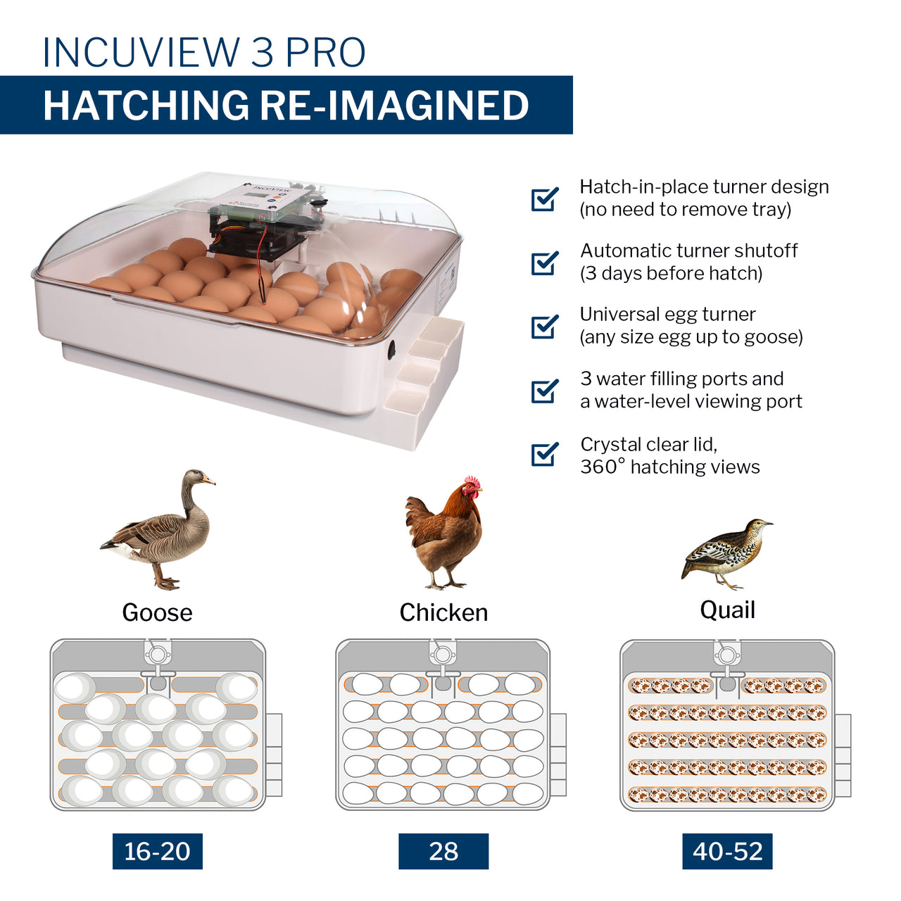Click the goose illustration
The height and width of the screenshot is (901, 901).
click(x=160, y=531)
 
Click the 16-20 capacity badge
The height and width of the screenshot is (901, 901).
click(x=157, y=851)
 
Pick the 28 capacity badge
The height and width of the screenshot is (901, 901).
click(x=443, y=851)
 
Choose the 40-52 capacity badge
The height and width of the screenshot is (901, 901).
click(x=727, y=851)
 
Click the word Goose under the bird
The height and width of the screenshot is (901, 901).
click(x=157, y=612)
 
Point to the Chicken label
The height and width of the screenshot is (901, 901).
click(x=443, y=612)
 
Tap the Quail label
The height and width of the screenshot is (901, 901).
click(x=727, y=610)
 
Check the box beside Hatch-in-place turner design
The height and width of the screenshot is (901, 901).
click(x=544, y=199)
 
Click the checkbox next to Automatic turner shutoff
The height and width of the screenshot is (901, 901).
click(x=544, y=263)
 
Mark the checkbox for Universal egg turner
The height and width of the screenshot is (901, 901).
click(x=544, y=327)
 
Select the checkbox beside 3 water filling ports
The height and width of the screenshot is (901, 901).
click(x=544, y=391)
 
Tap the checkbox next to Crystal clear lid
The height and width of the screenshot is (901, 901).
click(x=544, y=454)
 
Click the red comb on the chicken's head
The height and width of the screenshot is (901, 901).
click(x=472, y=482)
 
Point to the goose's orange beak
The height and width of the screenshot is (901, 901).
click(x=208, y=481)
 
